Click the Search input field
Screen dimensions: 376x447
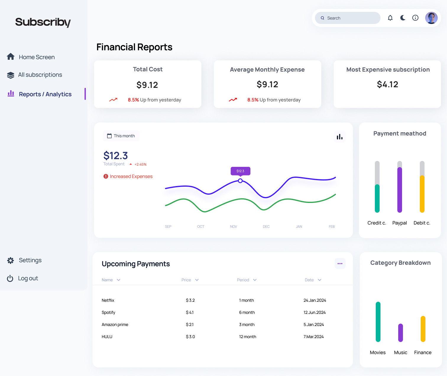coord(348,18)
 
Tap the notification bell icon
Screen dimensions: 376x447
coord(390,18)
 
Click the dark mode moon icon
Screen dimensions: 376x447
coord(403,18)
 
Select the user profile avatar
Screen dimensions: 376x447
coord(431,18)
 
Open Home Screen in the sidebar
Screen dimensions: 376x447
coord(36,57)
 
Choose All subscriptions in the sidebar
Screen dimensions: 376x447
coord(40,75)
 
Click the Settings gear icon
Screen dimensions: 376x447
coord(11,260)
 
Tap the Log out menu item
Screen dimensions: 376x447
coord(28,278)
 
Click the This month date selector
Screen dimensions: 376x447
coord(121,136)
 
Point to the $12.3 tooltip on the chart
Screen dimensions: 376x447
coord(240,171)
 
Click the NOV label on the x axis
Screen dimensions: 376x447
coord(234,227)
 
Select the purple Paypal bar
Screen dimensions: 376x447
coord(400,190)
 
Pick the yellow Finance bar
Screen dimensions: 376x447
coord(423,329)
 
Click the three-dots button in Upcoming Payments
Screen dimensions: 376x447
coord(340,264)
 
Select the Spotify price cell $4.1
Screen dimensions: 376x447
coord(190,312)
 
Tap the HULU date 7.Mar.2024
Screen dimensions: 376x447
coord(314,337)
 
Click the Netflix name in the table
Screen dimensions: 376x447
coord(108,300)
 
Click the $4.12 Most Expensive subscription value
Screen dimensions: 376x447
coord(387,85)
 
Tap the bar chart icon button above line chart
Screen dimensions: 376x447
coord(340,137)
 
